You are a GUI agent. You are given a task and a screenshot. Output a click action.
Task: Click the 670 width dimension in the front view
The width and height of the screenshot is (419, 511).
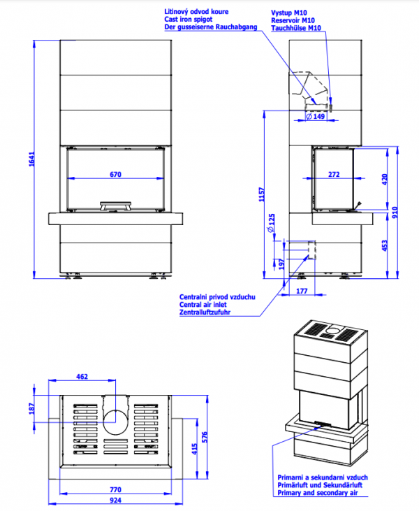click(x=115, y=174)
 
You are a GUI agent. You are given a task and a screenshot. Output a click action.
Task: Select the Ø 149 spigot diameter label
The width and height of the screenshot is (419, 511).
click(x=317, y=117)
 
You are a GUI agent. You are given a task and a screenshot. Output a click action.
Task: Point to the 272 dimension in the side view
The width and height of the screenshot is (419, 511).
click(x=333, y=174)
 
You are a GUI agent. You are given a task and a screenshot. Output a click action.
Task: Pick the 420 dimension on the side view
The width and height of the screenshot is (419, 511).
click(x=384, y=178)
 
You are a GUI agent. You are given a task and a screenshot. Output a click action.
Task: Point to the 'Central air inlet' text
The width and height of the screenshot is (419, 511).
click(x=206, y=304)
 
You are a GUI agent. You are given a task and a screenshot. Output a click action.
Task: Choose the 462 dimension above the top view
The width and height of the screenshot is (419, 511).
click(x=82, y=377)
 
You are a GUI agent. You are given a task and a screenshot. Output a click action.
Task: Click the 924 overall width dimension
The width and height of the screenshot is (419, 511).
click(x=115, y=501)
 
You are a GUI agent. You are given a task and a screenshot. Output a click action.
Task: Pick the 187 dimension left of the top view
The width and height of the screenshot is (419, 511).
click(x=30, y=408)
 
